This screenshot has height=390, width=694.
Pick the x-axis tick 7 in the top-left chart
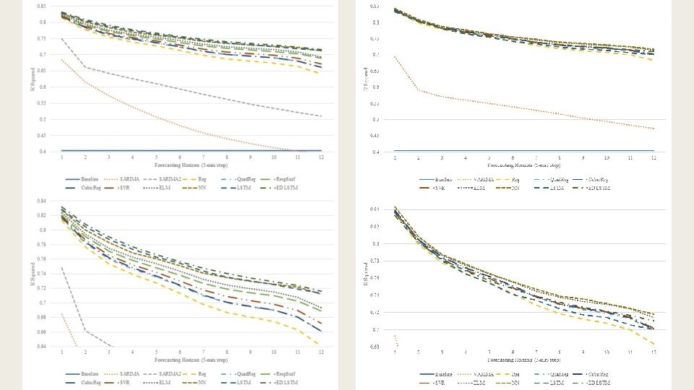coord(203,157)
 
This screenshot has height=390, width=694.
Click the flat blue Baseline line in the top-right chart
coord(524,151)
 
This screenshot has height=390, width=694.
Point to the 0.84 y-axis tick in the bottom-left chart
coord(43,201)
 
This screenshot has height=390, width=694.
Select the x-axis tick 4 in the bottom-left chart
coord(132,352)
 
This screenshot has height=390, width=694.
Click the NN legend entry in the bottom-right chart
coord(515,382)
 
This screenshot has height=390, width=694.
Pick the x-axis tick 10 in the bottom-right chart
coord(606,352)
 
